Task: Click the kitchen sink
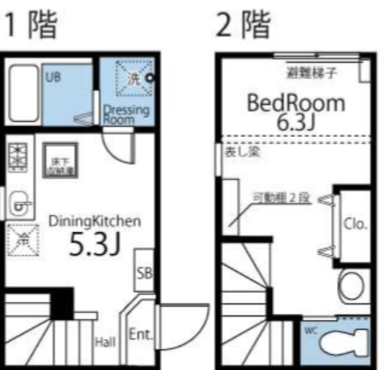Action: pos(20,204)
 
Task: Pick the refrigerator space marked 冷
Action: pos(22,240)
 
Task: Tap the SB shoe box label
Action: pos(144,272)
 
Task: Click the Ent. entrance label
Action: pos(141,335)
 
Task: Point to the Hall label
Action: pos(105,343)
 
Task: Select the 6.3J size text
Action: pos(296,122)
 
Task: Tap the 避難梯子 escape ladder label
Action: pos(313,72)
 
